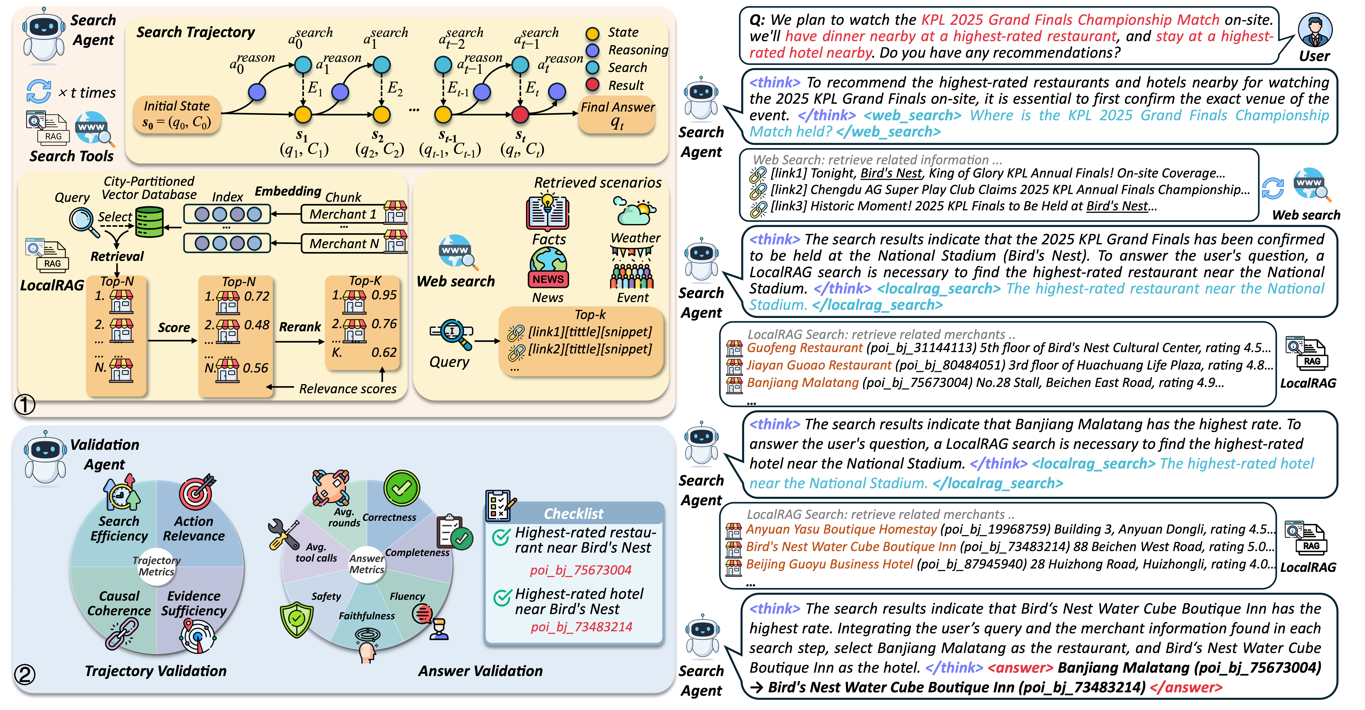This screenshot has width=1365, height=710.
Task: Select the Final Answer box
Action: click(617, 114)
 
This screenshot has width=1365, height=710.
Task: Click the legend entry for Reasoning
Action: click(637, 50)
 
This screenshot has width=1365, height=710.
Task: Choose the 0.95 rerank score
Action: click(384, 295)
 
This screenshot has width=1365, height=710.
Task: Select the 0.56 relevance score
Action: click(255, 368)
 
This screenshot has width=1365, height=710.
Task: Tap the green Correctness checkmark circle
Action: click(402, 488)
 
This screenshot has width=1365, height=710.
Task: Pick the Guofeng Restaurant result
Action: click(804, 348)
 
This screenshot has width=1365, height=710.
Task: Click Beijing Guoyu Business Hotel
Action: click(829, 564)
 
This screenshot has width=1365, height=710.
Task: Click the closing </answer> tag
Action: click(1186, 687)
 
